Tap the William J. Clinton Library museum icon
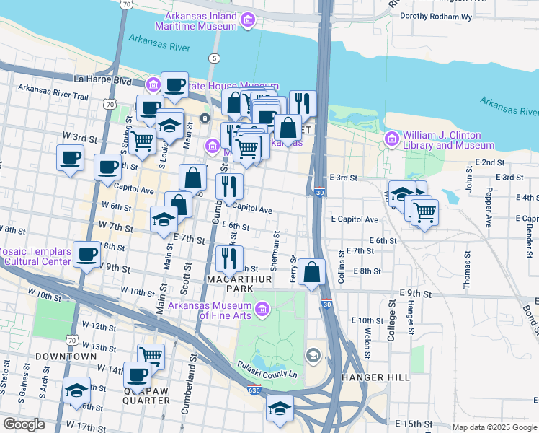pyautogui.click(x=392, y=138)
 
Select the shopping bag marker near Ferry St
pyautogui.click(x=311, y=274)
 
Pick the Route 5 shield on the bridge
pyautogui.click(x=214, y=57)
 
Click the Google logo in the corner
pyautogui.click(x=24, y=424)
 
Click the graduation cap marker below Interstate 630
pyautogui.click(x=280, y=409)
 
